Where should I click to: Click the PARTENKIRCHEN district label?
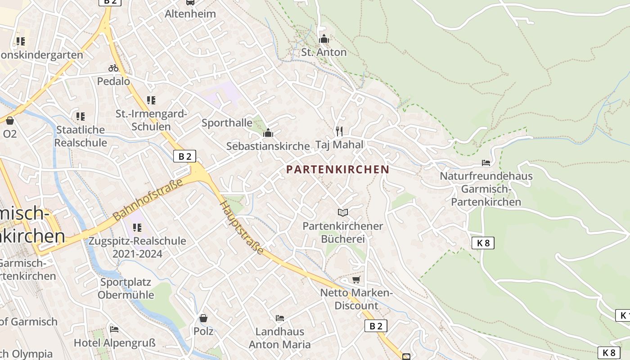click(x=337, y=170)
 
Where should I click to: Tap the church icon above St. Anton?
click(x=324, y=39)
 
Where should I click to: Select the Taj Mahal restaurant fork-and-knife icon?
click(x=339, y=131)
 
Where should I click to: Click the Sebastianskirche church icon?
click(x=268, y=133)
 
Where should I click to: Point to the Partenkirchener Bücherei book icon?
click(x=343, y=212)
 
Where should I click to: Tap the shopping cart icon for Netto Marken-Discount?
click(x=356, y=280)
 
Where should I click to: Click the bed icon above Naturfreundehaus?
click(x=486, y=162)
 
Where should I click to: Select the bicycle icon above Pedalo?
click(x=113, y=68)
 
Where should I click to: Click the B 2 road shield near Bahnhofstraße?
click(x=184, y=156)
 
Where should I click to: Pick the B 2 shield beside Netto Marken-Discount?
click(x=375, y=326)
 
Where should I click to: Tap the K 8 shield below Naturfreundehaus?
click(x=483, y=243)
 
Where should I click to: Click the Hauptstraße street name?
click(x=242, y=227)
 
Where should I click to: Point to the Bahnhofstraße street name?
click(x=148, y=199)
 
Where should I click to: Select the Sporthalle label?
click(x=227, y=123)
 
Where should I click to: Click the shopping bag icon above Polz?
click(x=203, y=318)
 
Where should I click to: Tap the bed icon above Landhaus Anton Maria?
click(x=279, y=318)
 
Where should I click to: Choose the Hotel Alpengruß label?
click(x=115, y=343)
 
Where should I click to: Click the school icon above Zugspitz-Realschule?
click(x=137, y=228)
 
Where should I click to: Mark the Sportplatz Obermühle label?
click(x=126, y=288)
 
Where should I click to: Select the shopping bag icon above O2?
click(x=9, y=121)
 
